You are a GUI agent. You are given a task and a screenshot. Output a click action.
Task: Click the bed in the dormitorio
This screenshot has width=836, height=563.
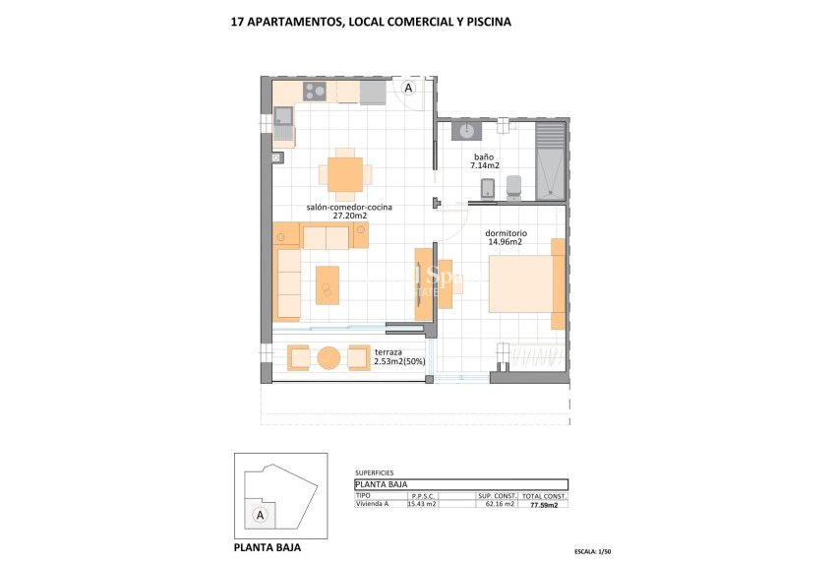524,283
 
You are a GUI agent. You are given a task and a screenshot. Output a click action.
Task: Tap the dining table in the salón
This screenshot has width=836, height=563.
345,174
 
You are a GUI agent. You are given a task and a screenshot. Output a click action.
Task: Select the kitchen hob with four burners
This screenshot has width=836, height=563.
315,92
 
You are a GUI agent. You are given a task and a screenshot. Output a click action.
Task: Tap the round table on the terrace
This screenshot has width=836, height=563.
329,357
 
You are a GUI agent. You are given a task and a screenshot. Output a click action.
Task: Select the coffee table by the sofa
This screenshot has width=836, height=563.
327,285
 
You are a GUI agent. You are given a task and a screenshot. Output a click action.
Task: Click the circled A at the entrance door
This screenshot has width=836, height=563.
409,88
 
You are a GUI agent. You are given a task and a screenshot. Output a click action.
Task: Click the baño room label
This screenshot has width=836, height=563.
483,156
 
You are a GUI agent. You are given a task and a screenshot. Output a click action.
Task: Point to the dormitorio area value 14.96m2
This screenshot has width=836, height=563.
505,242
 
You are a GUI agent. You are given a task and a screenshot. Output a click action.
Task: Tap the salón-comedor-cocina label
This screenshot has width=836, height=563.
349,207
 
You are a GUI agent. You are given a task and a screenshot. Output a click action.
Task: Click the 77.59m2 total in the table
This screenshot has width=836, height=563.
544,504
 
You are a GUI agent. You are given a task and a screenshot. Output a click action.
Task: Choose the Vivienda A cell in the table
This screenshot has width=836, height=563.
372,504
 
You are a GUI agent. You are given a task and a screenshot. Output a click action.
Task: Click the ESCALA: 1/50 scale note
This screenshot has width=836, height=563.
598,551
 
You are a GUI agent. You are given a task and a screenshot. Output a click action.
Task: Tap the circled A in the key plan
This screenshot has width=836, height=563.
260,515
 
